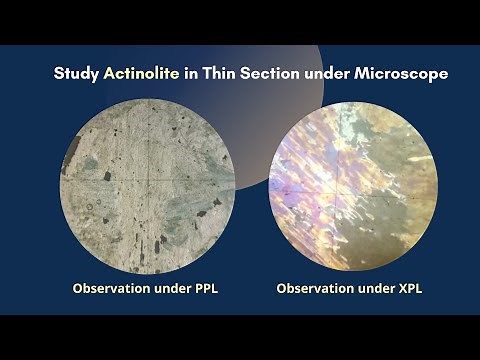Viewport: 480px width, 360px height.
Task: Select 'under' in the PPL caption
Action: (180, 288)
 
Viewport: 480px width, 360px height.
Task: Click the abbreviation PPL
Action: (217, 288)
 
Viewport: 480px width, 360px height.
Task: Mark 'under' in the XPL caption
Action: (384, 288)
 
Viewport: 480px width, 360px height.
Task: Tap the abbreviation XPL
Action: (421, 288)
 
